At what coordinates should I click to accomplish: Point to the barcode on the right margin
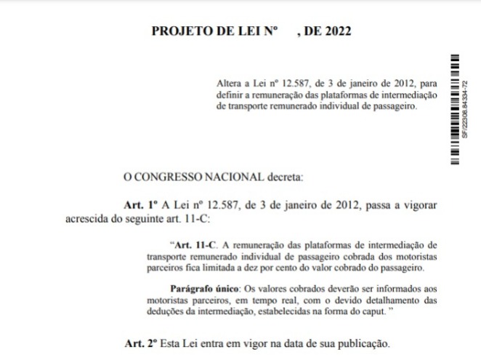coord(455,109)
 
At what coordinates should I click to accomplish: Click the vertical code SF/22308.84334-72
coord(466,109)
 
